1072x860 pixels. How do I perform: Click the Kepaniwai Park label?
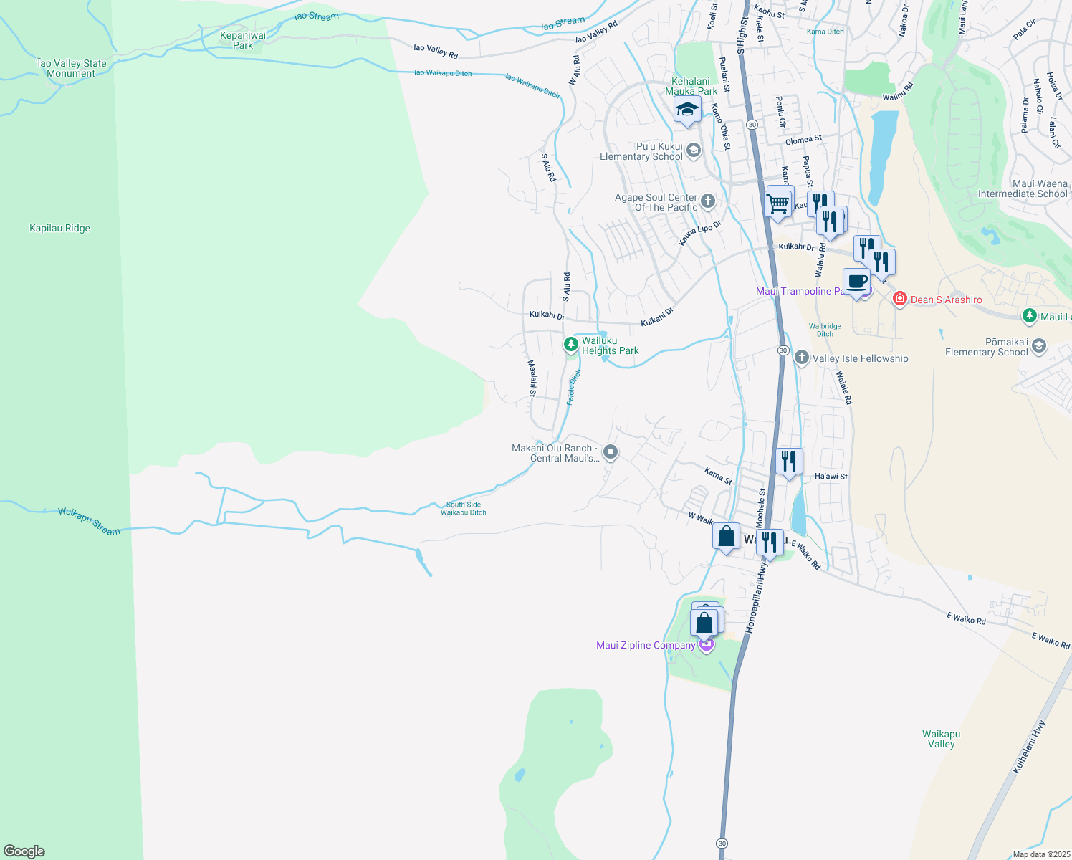click(243, 40)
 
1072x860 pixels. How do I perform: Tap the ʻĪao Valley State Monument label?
click(72, 68)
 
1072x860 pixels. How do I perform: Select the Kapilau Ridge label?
click(59, 229)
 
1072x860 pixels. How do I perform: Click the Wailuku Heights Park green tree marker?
click(571, 345)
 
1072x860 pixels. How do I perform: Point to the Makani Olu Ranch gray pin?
click(611, 451)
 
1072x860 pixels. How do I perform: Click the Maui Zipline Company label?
click(646, 645)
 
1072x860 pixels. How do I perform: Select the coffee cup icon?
click(856, 281)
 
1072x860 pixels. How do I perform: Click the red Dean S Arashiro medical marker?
click(900, 299)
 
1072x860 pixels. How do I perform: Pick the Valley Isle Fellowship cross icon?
click(802, 358)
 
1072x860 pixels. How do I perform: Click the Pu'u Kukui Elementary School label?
click(641, 151)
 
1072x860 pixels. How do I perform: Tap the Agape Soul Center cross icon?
click(708, 201)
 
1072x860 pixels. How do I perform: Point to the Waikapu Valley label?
click(941, 739)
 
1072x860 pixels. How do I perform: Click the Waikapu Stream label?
click(89, 521)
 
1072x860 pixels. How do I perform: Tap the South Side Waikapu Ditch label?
click(464, 508)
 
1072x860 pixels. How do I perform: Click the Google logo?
click(24, 851)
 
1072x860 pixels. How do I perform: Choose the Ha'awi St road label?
click(831, 477)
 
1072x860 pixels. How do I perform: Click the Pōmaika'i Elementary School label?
click(986, 347)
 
